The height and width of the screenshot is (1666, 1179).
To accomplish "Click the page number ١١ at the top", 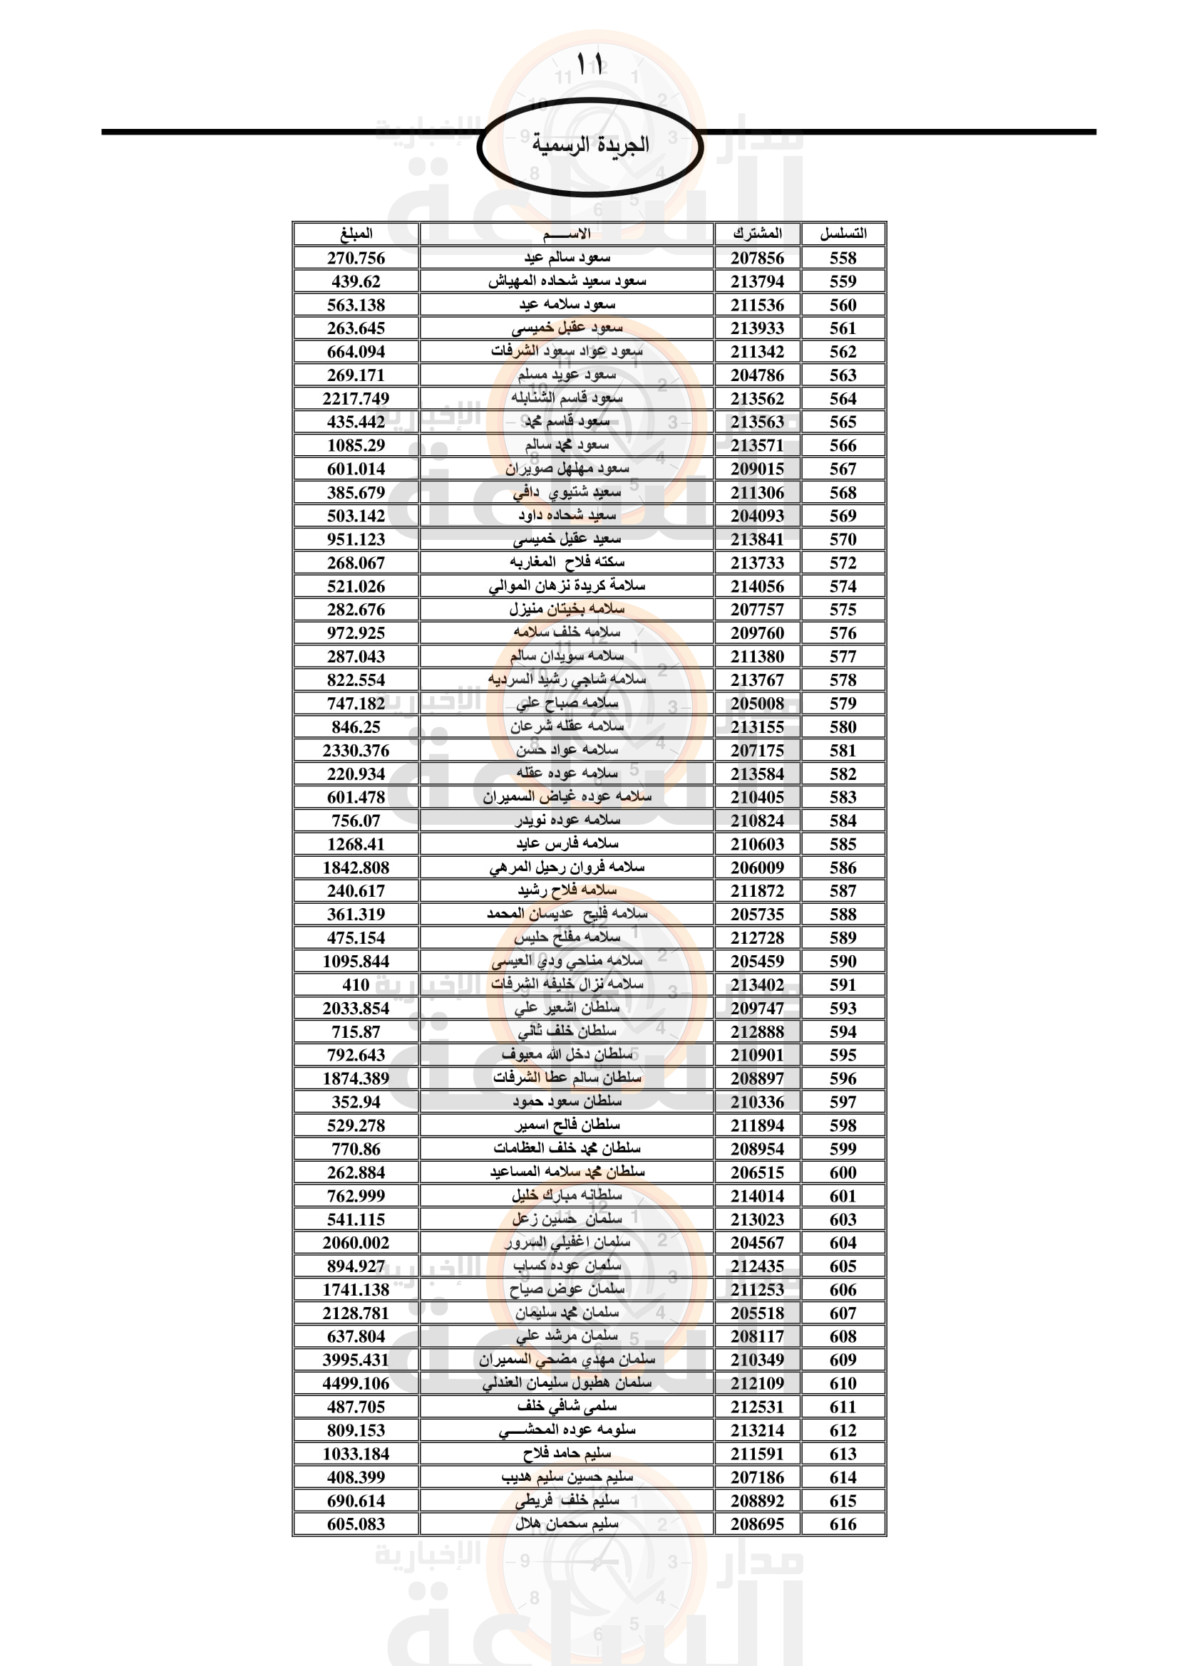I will pyautogui.click(x=589, y=65).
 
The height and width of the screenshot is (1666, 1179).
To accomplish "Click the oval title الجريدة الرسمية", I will pyautogui.click(x=589, y=145).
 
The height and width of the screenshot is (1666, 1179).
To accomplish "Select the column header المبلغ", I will pyautogui.click(x=356, y=234).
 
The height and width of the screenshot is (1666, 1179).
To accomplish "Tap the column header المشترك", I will pyautogui.click(x=757, y=234).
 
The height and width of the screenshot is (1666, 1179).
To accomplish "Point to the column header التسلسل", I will pyautogui.click(x=843, y=234).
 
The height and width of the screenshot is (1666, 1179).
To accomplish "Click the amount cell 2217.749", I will pyautogui.click(x=356, y=398).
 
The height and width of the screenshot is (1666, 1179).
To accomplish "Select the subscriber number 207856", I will pyautogui.click(x=757, y=259).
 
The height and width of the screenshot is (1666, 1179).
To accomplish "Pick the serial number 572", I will pyautogui.click(x=843, y=563).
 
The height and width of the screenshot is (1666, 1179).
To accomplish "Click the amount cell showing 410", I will pyautogui.click(x=356, y=984).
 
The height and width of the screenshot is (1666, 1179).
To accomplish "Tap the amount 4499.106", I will pyautogui.click(x=356, y=1383).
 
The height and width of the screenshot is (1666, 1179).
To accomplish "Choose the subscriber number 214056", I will pyautogui.click(x=757, y=586).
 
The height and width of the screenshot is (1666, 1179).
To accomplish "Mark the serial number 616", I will pyautogui.click(x=843, y=1524).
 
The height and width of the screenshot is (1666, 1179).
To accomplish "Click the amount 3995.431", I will pyautogui.click(x=356, y=1360).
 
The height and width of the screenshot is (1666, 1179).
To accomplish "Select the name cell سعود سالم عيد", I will pyautogui.click(x=567, y=259).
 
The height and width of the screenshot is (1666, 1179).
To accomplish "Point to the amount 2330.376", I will pyautogui.click(x=356, y=750).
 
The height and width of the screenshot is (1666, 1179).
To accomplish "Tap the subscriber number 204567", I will pyautogui.click(x=757, y=1242).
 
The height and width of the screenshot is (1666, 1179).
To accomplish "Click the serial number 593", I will pyautogui.click(x=843, y=1008).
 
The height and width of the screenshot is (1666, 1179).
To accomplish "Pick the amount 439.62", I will pyautogui.click(x=356, y=281).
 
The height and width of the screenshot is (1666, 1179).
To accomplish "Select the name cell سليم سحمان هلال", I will pyautogui.click(x=567, y=1524).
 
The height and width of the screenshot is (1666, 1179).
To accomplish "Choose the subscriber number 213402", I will pyautogui.click(x=757, y=984).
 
